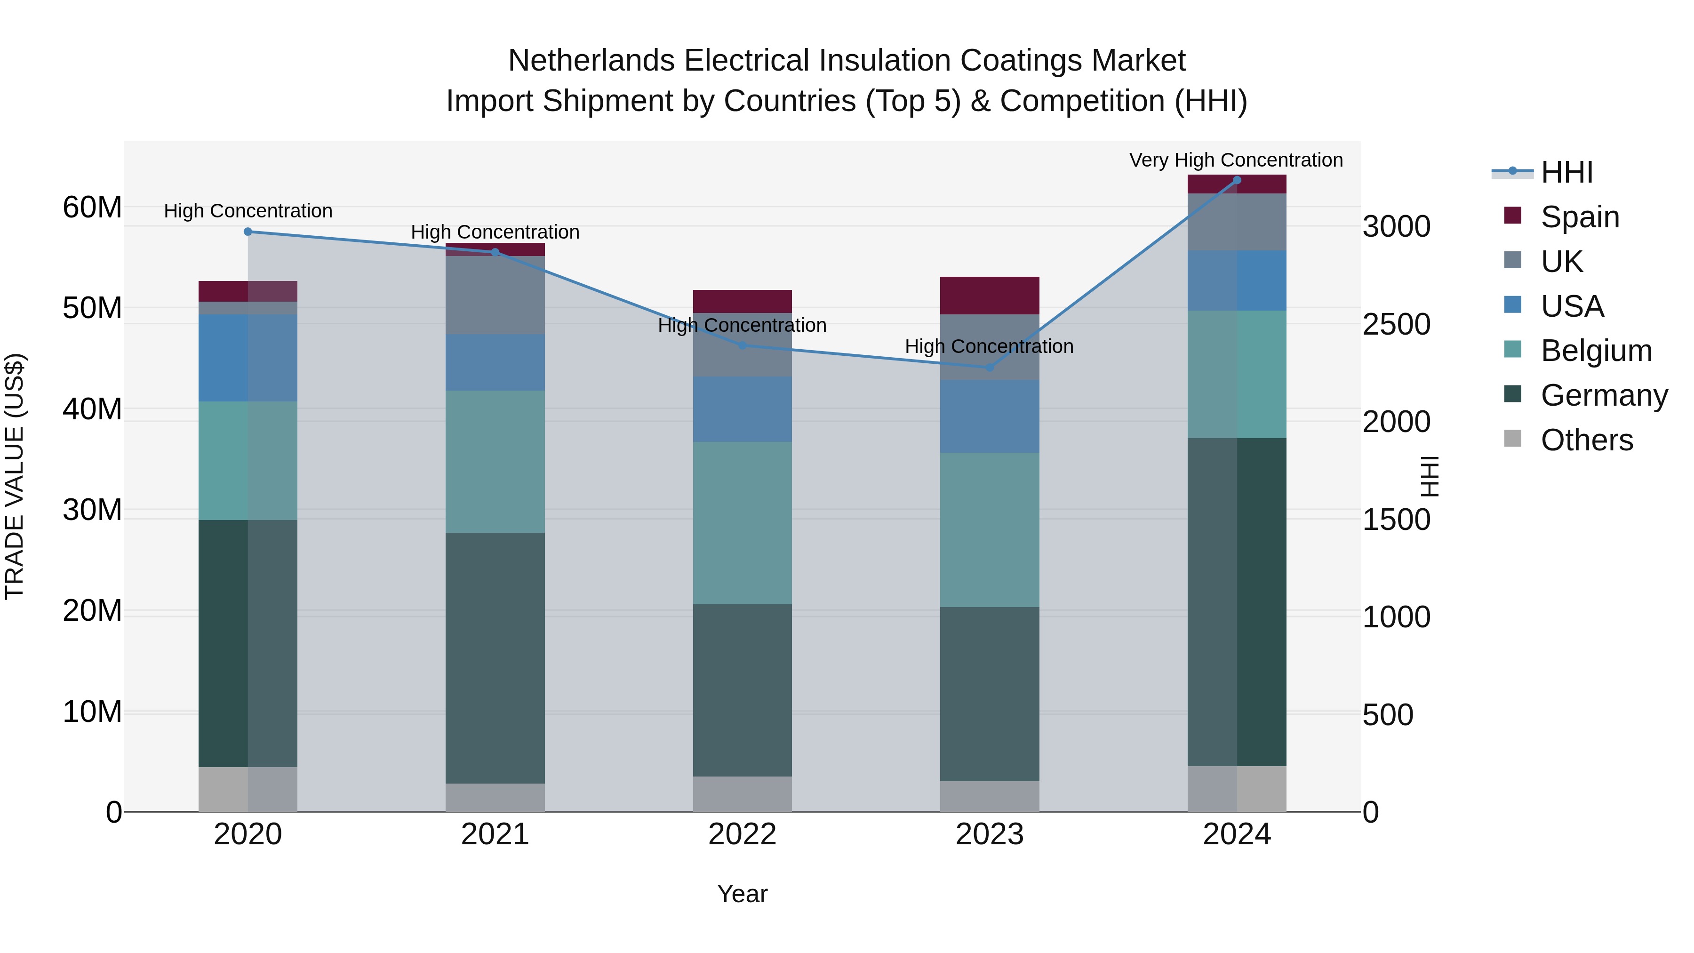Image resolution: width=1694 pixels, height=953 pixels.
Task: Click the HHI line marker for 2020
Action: (x=248, y=232)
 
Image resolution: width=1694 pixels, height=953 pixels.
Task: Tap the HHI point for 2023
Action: (x=990, y=368)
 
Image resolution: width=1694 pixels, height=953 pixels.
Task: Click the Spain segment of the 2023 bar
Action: (x=990, y=295)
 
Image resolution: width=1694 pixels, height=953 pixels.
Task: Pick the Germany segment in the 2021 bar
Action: (x=495, y=658)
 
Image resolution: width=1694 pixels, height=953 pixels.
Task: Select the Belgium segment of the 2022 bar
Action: (x=743, y=523)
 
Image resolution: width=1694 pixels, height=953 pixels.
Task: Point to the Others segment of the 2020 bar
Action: (x=248, y=789)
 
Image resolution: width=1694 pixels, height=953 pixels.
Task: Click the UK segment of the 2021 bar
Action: (x=495, y=295)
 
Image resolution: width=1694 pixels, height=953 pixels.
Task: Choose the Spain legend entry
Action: (x=1580, y=216)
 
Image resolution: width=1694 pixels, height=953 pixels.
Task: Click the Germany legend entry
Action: (x=1603, y=395)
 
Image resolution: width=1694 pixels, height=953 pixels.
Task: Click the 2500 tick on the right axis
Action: (x=1396, y=324)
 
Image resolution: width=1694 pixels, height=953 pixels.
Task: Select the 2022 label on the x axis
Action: (x=743, y=834)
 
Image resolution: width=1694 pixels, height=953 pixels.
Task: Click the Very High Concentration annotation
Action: (x=1236, y=160)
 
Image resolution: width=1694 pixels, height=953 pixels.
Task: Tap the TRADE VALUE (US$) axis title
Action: (x=15, y=476)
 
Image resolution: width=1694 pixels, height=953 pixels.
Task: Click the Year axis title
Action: (x=743, y=894)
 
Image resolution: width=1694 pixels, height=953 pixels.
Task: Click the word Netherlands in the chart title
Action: (x=591, y=61)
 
